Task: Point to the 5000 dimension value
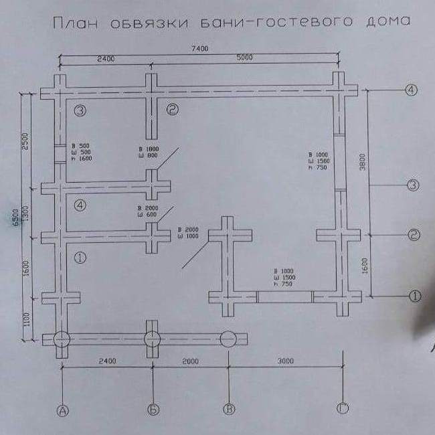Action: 244,58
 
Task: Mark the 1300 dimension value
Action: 25,215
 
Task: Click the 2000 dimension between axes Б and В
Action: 190,361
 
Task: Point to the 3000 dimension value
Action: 285,361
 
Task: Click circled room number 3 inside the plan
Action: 81,111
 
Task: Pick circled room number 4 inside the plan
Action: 81,206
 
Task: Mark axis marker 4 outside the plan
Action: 412,90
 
